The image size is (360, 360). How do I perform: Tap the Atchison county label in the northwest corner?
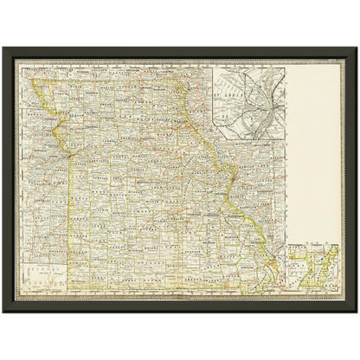coord(48,87)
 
